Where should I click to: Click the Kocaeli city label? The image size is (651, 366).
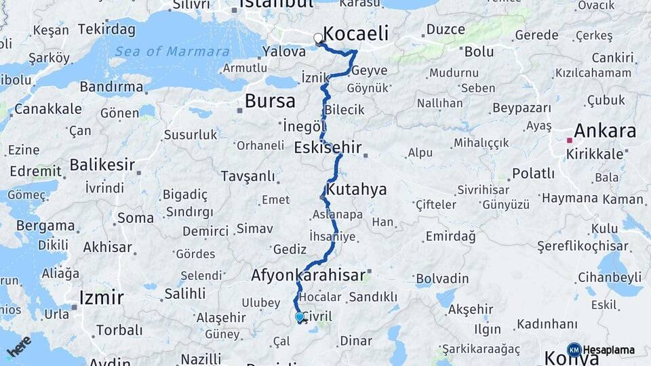(357, 33)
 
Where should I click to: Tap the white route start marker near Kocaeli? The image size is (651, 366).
(318, 39)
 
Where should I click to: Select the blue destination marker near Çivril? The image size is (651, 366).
(299, 317)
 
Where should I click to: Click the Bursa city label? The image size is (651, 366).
(270, 102)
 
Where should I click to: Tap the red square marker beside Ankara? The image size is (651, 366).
(570, 141)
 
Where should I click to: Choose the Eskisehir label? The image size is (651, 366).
(328, 147)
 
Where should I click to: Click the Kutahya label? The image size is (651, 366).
(356, 189)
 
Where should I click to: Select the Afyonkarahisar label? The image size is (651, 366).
(309, 275)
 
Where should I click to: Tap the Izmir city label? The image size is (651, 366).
(101, 297)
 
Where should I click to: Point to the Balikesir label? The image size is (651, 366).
(102, 165)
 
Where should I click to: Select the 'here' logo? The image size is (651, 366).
(18, 346)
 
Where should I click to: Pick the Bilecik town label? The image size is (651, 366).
(344, 110)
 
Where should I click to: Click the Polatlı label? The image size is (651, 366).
(534, 173)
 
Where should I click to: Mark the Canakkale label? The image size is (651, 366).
(48, 108)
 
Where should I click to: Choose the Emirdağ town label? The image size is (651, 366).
(450, 236)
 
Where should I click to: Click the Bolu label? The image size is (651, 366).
(479, 51)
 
